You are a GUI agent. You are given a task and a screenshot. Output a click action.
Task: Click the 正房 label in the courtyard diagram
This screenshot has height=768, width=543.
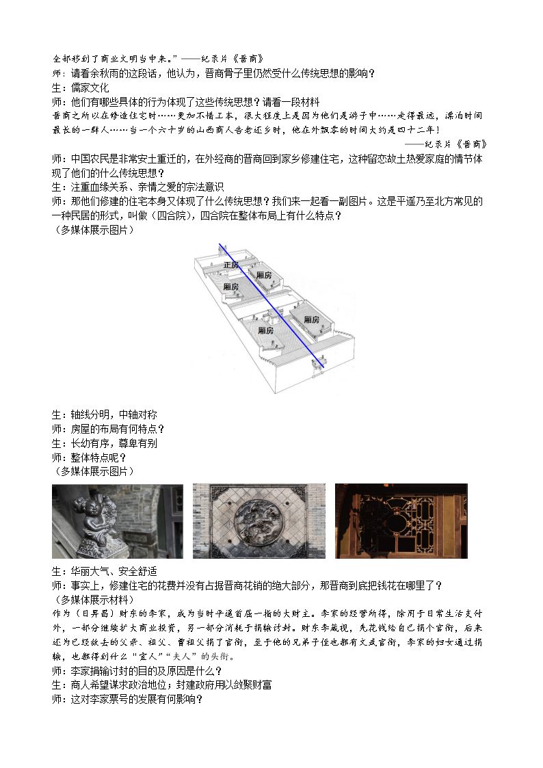point(231,265)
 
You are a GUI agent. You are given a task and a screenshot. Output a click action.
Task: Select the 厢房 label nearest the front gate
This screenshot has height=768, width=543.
point(266,330)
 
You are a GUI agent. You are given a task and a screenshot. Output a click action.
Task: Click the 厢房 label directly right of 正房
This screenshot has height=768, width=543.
point(264,276)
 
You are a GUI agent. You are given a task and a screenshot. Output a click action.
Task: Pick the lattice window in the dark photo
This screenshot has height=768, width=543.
point(401,522)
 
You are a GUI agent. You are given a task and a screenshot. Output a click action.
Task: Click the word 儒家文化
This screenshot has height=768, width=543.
point(90,88)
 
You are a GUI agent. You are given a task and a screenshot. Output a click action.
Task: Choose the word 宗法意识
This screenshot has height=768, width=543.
point(204,187)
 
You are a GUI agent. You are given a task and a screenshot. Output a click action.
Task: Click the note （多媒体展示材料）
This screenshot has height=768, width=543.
point(92,600)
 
